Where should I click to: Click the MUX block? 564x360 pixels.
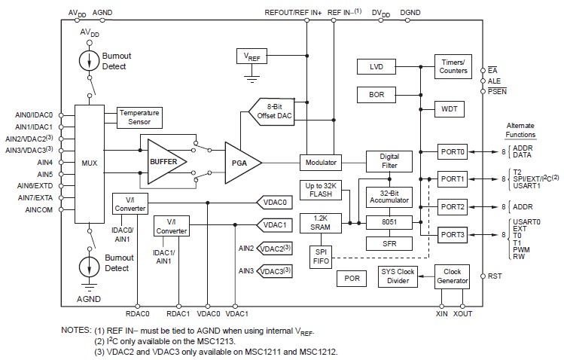tap(90, 161)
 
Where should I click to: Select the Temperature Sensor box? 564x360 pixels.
tap(139, 117)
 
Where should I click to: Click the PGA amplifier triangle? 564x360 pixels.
tap(239, 162)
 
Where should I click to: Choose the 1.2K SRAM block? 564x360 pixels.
tap(325, 224)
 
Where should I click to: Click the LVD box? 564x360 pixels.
tap(377, 67)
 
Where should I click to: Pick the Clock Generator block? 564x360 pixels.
tap(453, 276)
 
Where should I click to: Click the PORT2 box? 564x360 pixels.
tap(453, 206)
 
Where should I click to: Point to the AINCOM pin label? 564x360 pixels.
tap(39, 209)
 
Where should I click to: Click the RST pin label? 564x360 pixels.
tap(495, 276)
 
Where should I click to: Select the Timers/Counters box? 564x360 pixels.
tap(453, 66)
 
